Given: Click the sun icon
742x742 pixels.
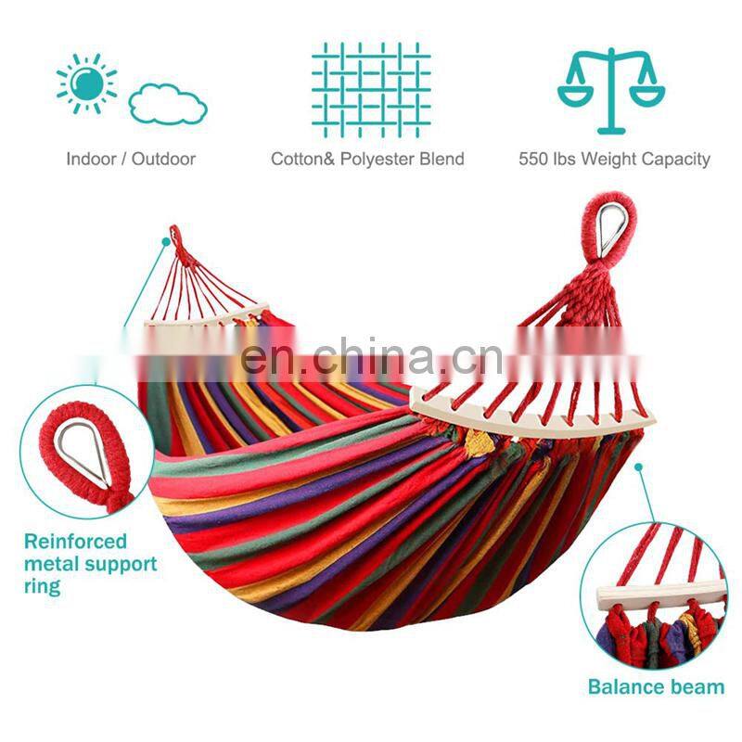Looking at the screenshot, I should pyautogui.click(x=89, y=83).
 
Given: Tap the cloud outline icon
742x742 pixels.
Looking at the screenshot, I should pyautogui.click(x=167, y=104).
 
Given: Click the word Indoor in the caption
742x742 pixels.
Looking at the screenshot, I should pyautogui.click(x=91, y=160).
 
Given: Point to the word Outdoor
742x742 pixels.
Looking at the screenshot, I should pyautogui.click(x=163, y=160).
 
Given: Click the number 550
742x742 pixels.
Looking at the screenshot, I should pyautogui.click(x=534, y=160).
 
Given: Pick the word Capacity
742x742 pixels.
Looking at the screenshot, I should pyautogui.click(x=676, y=160).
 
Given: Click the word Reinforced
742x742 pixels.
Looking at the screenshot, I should pyautogui.click(x=75, y=542).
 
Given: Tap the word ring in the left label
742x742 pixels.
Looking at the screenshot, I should pyautogui.click(x=42, y=586).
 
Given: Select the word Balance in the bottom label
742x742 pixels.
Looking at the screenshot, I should pyautogui.click(x=622, y=687).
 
